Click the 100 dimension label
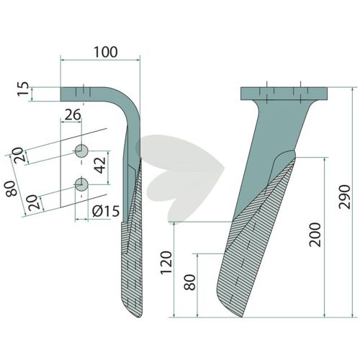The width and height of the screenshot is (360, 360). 106,53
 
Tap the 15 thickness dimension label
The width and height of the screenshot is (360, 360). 24,89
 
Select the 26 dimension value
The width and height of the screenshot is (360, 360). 73,115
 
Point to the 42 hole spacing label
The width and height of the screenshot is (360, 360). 100,165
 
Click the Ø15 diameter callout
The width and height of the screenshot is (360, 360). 106,211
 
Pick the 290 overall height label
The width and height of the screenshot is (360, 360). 344,197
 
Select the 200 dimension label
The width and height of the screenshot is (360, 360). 315,235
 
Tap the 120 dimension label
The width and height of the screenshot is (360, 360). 166,263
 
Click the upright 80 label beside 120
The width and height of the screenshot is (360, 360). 190,282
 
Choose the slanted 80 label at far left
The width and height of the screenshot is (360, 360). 12,189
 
